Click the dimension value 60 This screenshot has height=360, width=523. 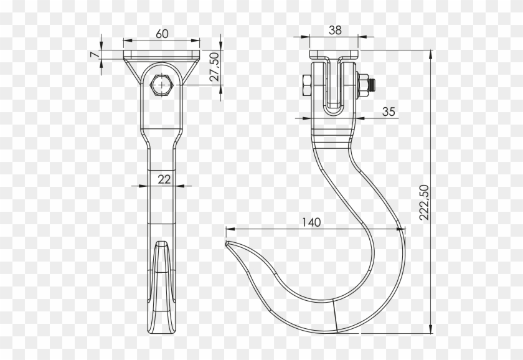coord(162,34)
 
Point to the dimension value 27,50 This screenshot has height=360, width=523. coord(214,67)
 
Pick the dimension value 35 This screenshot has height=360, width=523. coord(388,112)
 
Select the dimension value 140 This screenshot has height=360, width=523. coord(312,222)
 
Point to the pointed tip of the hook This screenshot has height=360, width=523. coord(228,244)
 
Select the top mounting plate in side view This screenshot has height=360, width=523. coord(335,55)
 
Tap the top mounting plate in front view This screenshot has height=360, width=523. coord(162,55)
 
